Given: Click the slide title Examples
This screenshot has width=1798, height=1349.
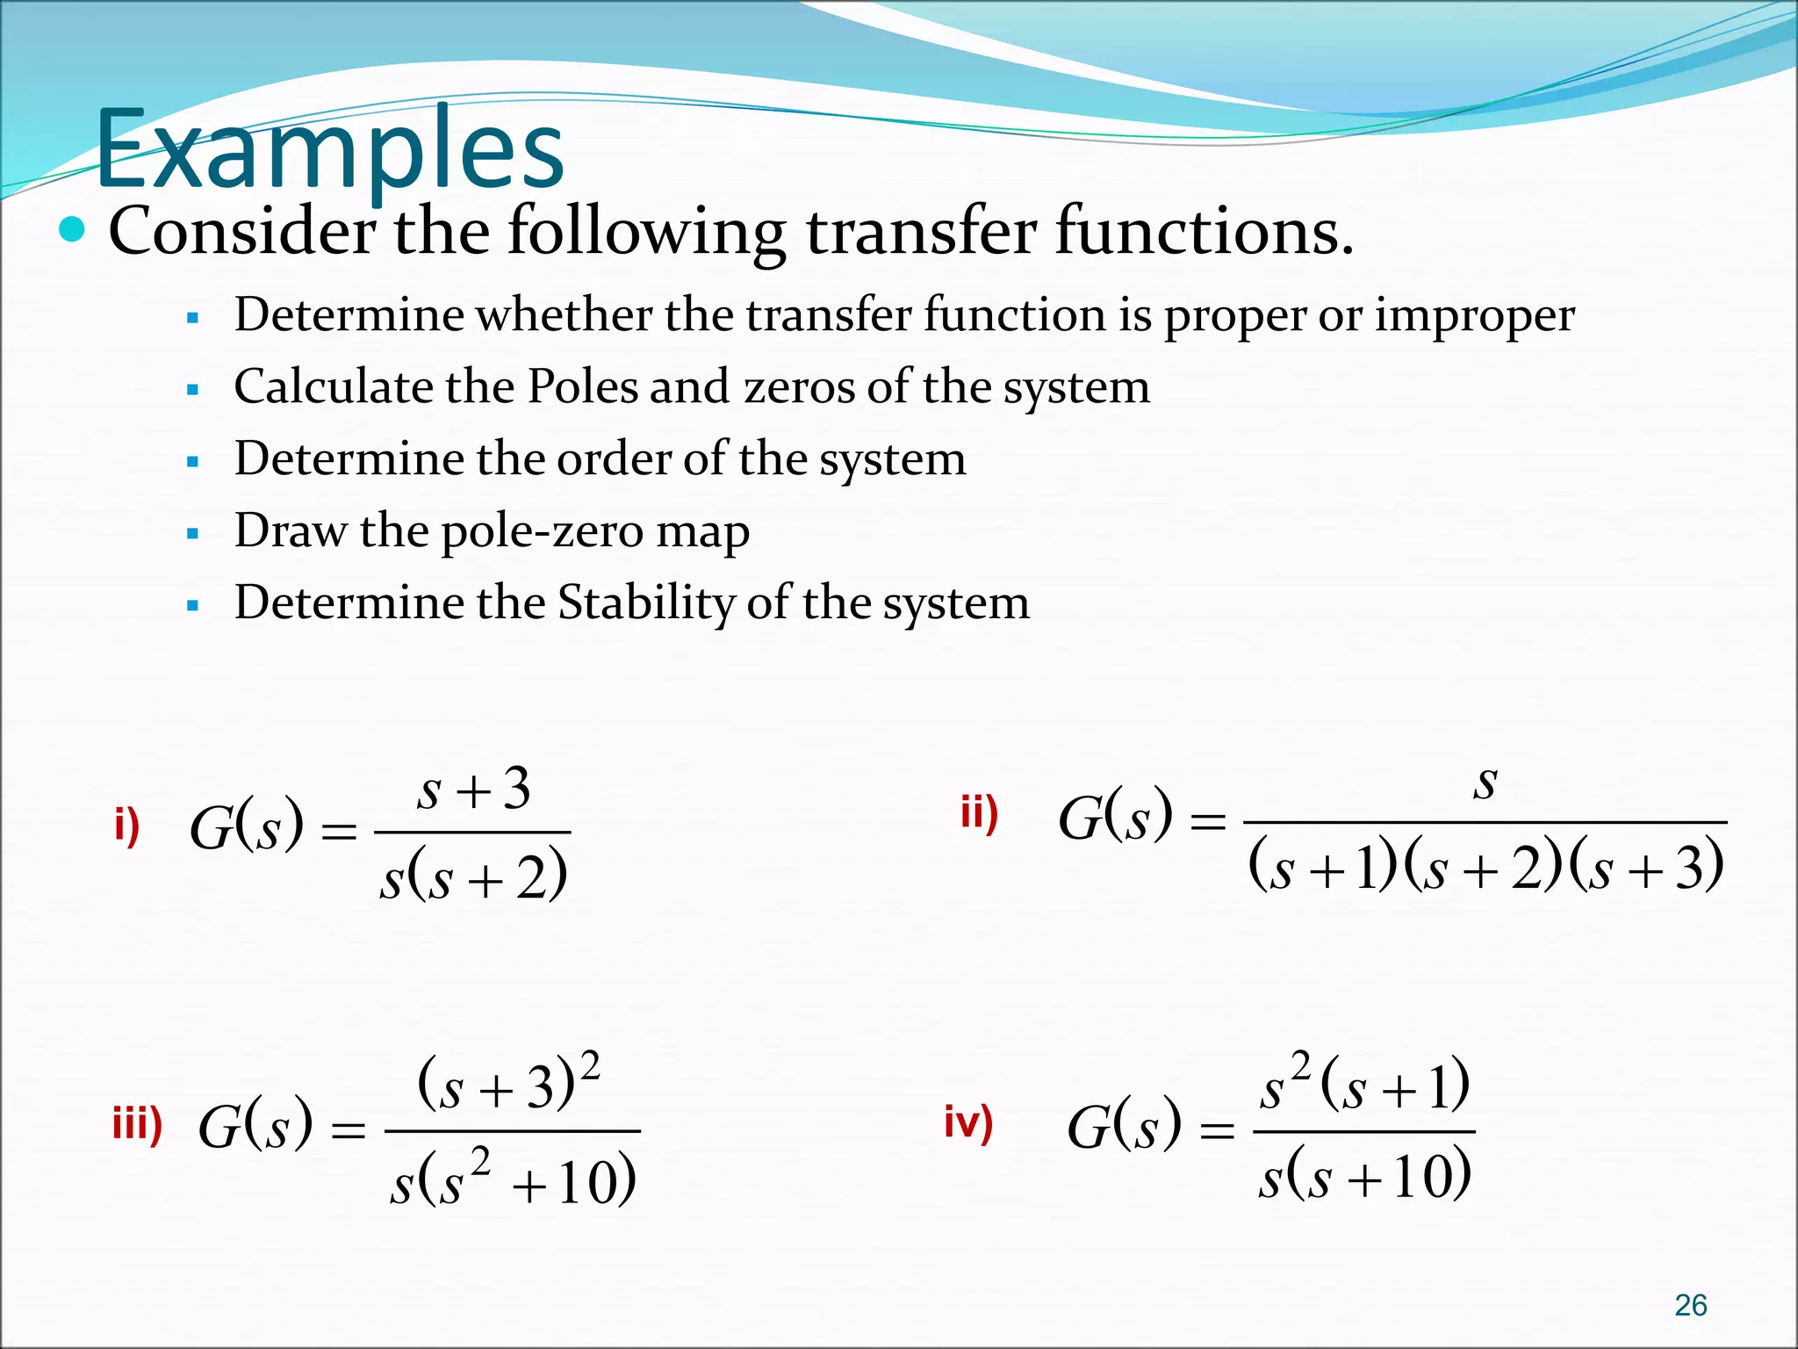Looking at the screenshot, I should (x=329, y=149).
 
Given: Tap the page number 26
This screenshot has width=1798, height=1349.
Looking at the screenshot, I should (x=1690, y=1305).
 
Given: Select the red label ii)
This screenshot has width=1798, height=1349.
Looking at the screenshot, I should (x=979, y=813).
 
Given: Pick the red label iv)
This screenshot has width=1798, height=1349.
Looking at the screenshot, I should (x=968, y=1122).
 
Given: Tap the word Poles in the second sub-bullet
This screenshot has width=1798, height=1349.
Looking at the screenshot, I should (x=583, y=386).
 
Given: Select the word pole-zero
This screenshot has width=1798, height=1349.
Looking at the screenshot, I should (x=527, y=531).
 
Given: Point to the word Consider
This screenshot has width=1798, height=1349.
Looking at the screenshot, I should (x=242, y=231).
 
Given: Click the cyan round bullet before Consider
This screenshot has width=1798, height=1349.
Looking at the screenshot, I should (x=72, y=230).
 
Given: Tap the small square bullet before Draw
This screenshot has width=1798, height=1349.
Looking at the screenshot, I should (x=193, y=533).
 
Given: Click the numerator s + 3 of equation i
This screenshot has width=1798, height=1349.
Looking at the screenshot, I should (x=473, y=788).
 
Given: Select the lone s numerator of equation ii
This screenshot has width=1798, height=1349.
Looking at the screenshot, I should (x=1485, y=782).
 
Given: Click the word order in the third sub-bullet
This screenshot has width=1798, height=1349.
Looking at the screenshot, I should (x=614, y=459).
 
